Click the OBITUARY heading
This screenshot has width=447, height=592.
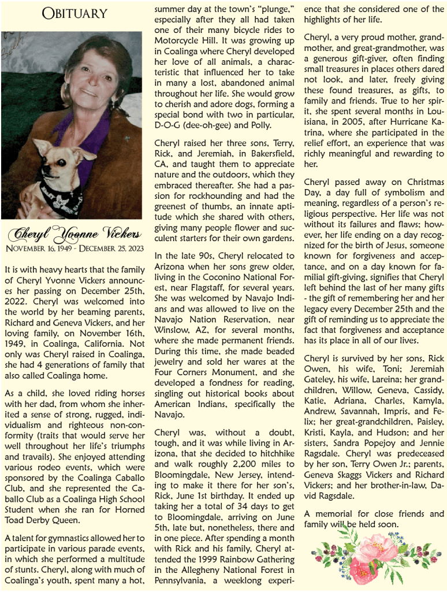click(x=74, y=13)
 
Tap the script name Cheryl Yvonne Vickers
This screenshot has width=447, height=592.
click(x=74, y=234)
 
